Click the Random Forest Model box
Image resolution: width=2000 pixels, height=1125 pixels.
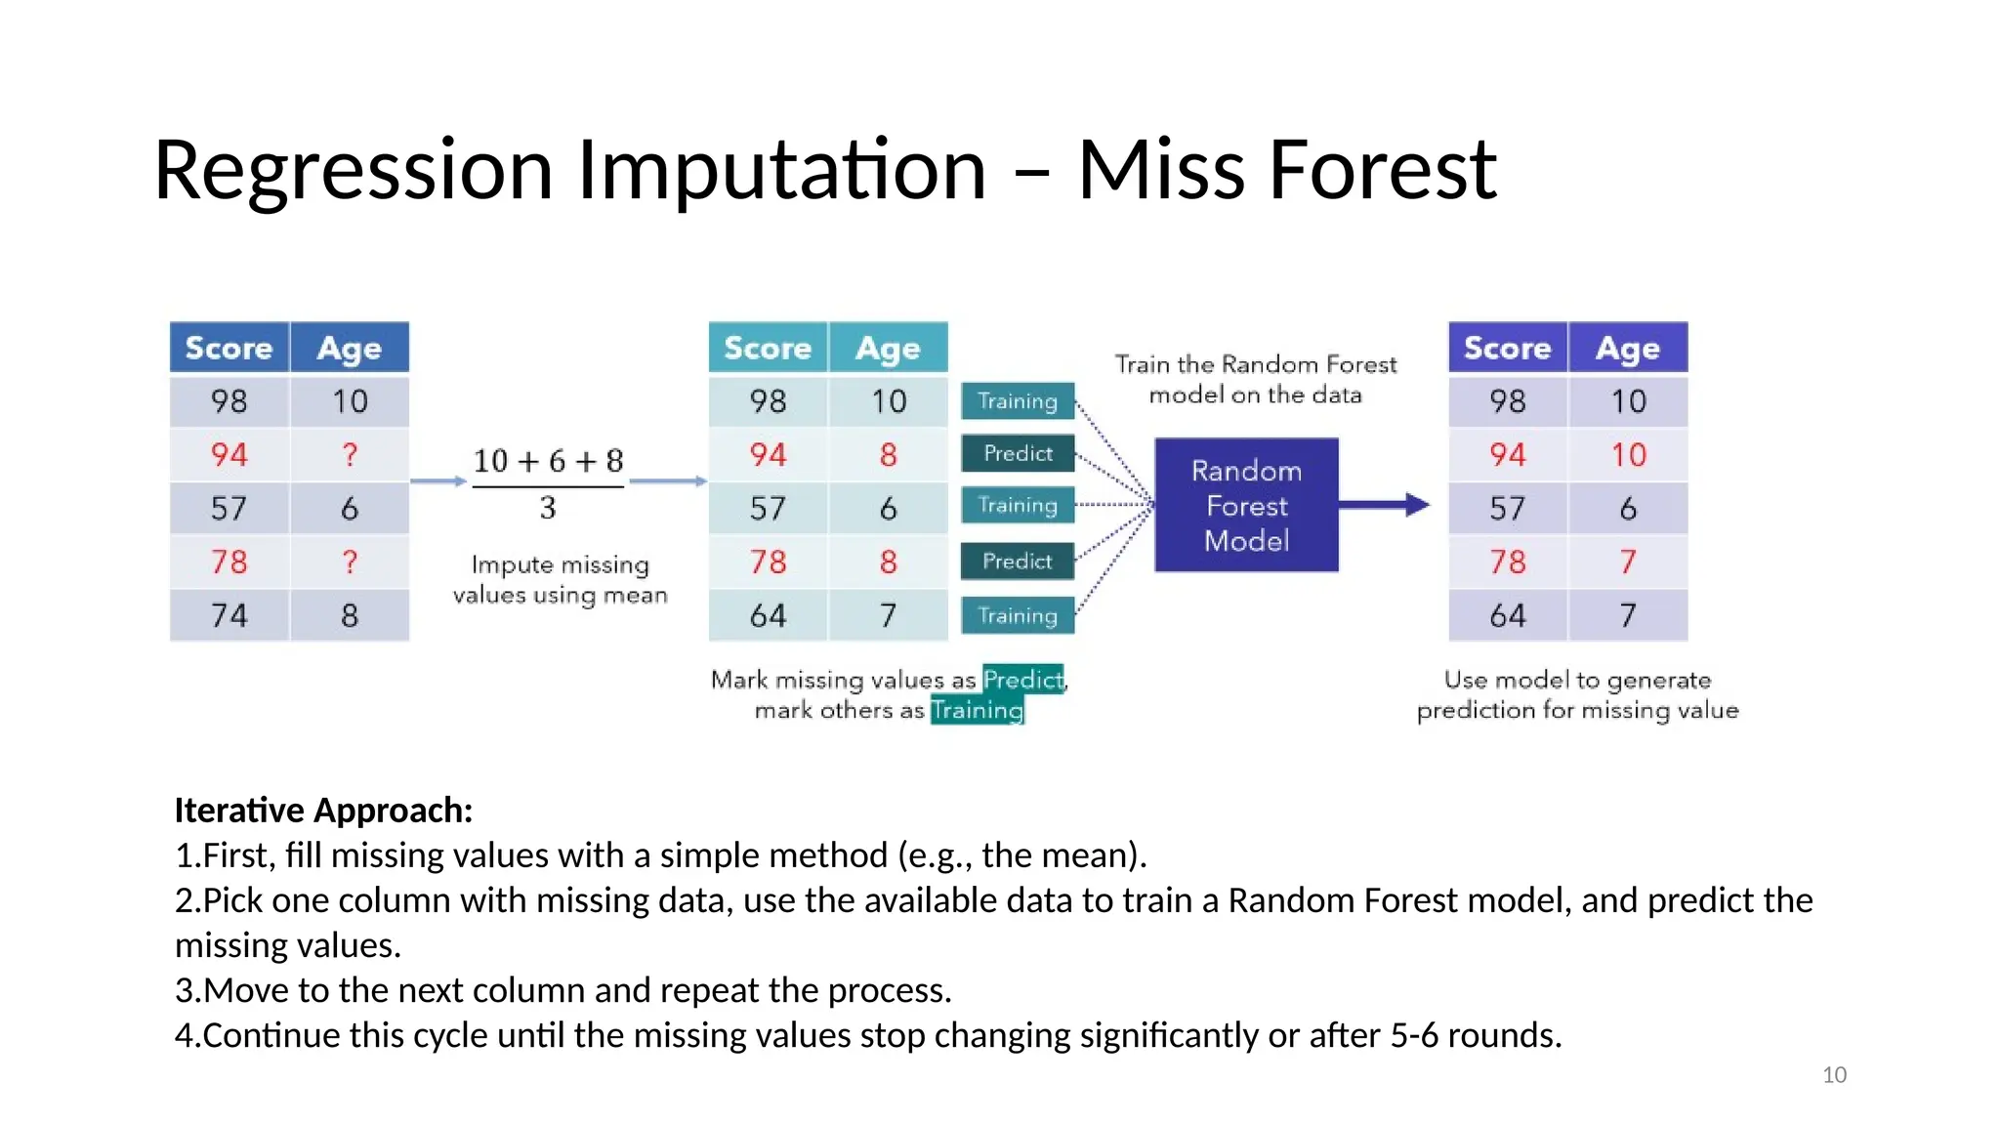(x=1246, y=505)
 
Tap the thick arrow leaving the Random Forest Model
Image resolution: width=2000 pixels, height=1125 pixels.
(x=1382, y=505)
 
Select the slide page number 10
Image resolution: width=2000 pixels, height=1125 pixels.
(x=1834, y=1074)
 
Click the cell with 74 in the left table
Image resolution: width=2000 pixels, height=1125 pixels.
(x=229, y=615)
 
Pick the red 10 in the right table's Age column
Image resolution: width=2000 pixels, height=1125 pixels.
(x=1628, y=455)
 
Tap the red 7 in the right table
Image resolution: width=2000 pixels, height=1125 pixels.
(x=1628, y=562)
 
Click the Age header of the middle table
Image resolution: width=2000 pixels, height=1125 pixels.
(x=888, y=348)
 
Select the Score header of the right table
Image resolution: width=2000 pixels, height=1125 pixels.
(x=1507, y=348)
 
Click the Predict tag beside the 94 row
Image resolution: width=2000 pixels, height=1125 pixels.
(x=1018, y=453)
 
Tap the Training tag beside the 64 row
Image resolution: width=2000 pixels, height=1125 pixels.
(x=1018, y=615)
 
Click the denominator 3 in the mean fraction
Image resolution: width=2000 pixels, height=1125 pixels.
(x=548, y=508)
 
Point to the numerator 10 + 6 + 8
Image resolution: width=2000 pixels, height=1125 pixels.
(x=548, y=461)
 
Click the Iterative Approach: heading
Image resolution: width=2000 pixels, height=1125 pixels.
(x=323, y=811)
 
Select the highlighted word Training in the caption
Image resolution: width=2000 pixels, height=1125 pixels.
(x=977, y=710)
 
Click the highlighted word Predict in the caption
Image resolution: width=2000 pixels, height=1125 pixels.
(x=1022, y=679)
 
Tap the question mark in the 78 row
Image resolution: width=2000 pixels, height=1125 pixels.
(x=350, y=562)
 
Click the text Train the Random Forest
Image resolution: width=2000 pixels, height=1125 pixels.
(x=1256, y=364)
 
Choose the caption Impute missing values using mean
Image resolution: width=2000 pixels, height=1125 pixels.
(x=560, y=580)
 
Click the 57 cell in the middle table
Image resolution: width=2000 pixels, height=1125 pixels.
(x=768, y=508)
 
